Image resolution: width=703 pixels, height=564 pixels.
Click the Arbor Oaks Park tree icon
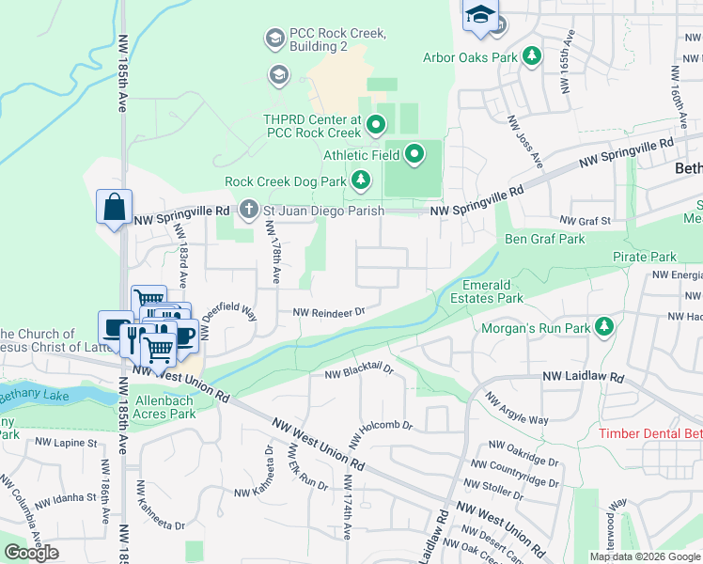coord(532,57)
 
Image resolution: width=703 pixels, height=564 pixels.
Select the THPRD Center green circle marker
coord(376,124)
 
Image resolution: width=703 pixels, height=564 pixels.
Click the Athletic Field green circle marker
coord(414,153)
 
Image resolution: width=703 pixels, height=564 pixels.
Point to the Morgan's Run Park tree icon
coord(605,328)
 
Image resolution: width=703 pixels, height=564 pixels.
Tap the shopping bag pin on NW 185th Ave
coord(114,207)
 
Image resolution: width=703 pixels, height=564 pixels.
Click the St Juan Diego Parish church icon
coord(248,210)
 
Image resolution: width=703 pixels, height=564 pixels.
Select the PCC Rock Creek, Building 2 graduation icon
coord(274,39)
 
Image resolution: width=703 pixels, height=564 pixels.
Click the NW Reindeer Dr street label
coord(327,312)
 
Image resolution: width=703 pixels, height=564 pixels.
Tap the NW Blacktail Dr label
coord(358,373)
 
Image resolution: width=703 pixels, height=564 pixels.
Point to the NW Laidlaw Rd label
coord(584,377)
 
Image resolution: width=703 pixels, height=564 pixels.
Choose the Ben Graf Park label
coord(545,239)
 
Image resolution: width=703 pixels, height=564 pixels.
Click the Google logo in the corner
coord(31,553)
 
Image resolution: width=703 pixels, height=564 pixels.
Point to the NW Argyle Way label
coord(517,407)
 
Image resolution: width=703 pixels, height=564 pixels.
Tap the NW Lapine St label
coord(66,442)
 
